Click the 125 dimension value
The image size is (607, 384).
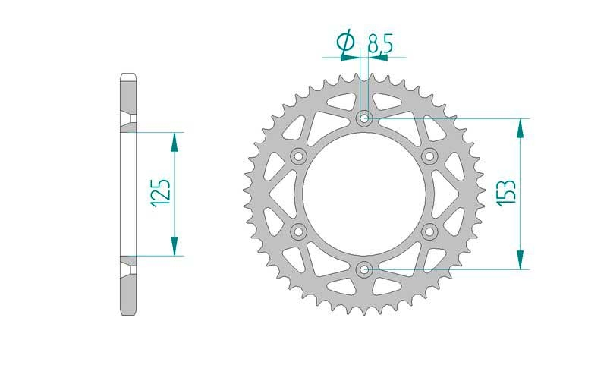click(x=162, y=194)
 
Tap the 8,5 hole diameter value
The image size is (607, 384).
click(x=380, y=43)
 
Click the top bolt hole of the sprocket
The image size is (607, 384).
click(x=364, y=118)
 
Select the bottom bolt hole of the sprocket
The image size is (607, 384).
click(x=364, y=269)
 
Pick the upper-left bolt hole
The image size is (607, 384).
click(x=298, y=156)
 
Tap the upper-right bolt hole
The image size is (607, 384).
click(x=429, y=156)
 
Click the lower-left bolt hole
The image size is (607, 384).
click(x=298, y=231)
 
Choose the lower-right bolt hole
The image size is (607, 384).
click(x=429, y=231)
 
